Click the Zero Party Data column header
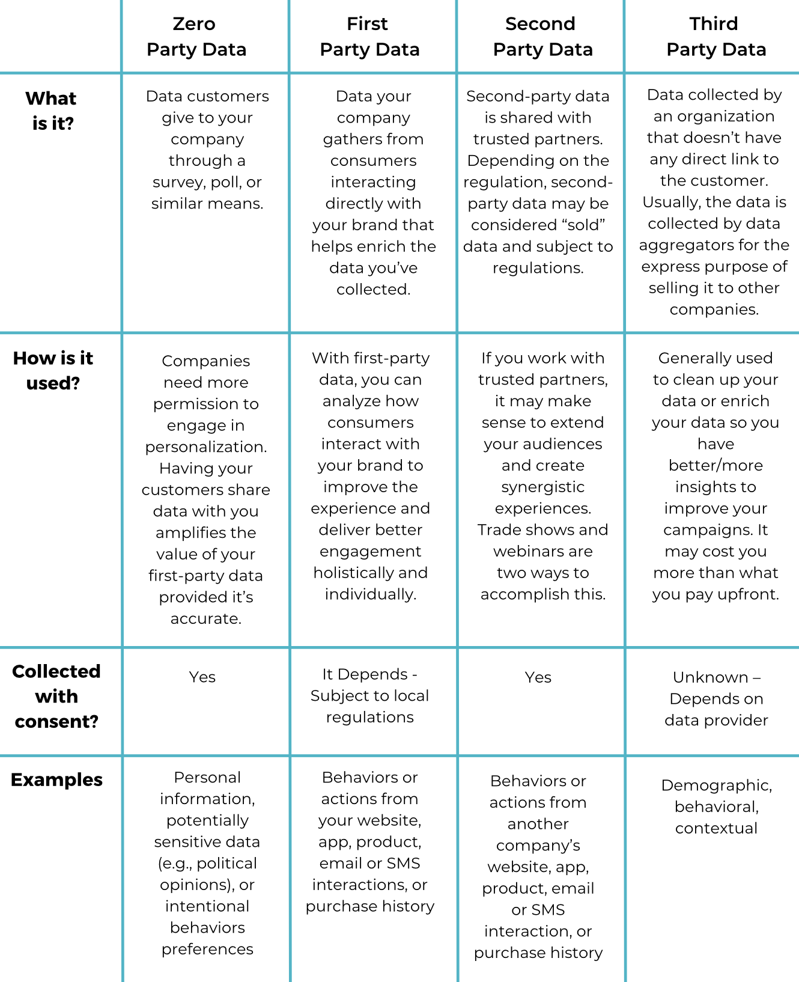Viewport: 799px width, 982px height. tap(196, 37)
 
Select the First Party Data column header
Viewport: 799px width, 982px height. tap(369, 37)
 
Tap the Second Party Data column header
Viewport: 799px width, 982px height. tap(542, 37)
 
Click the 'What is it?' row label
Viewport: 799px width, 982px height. tap(52, 111)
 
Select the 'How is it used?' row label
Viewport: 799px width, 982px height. tap(53, 370)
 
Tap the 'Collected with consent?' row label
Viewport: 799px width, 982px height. tap(56, 696)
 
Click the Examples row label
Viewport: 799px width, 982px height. tap(56, 779)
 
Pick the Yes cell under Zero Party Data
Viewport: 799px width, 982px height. tap(202, 677)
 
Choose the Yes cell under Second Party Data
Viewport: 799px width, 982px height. tap(538, 677)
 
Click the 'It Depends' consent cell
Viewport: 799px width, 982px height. tap(369, 695)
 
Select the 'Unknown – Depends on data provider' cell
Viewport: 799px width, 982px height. tap(716, 698)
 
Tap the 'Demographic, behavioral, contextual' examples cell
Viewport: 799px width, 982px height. tap(716, 807)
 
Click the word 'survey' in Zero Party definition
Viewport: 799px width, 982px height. tap(175, 182)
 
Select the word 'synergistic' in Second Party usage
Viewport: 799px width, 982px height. tap(542, 487)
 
